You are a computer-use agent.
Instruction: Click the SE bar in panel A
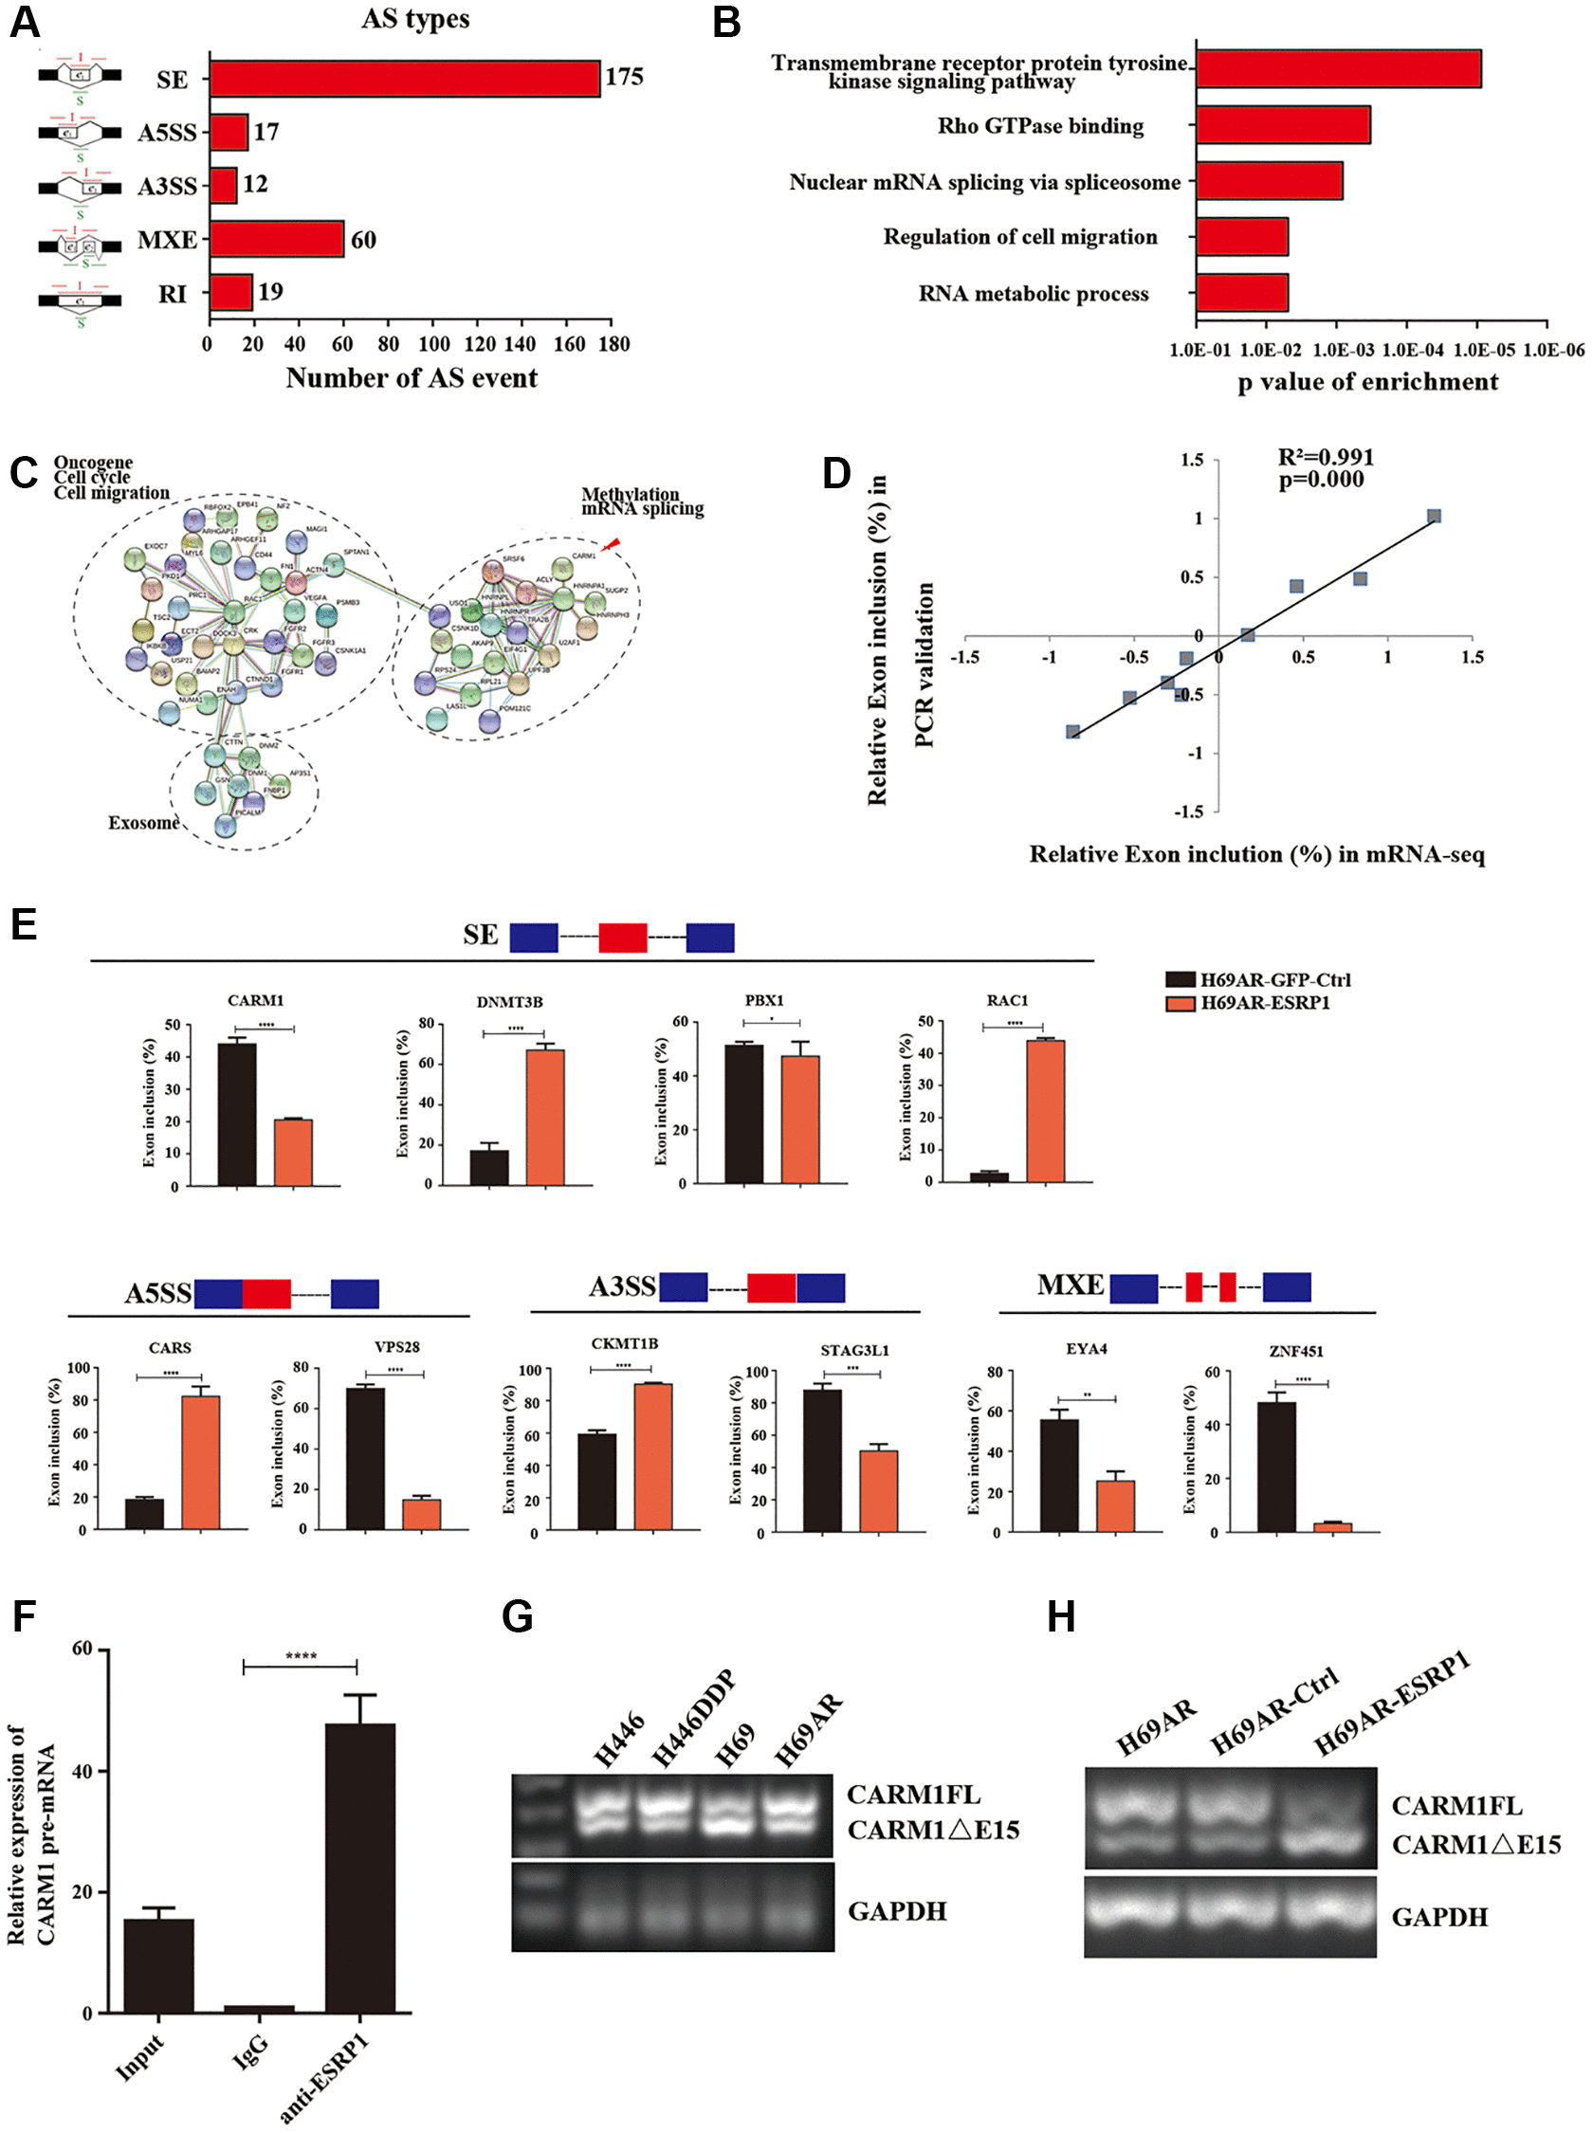pos(405,79)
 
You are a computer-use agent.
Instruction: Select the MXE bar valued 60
pos(277,239)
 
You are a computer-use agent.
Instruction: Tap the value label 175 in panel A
pos(624,77)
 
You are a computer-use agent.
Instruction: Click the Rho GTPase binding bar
pos(1283,125)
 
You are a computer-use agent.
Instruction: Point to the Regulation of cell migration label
pos(1019,237)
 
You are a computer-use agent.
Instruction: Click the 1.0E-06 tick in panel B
pos(1552,350)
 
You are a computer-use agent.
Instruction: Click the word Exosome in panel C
pos(143,822)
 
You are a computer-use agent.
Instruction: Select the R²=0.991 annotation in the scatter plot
pos(1325,457)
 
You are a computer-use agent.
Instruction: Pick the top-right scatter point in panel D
pos(1434,517)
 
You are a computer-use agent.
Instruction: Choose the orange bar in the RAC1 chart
pos(1045,1110)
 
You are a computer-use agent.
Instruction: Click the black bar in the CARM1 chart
pos(237,1113)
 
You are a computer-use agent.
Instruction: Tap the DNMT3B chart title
pos(509,1002)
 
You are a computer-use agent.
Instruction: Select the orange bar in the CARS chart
pos(201,1461)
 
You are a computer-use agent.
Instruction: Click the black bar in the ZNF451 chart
pos(1276,1466)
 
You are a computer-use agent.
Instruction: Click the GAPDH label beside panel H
pos(1438,1917)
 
